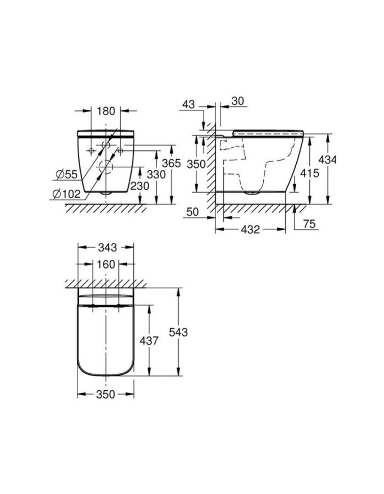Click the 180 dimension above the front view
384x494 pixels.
tap(106, 111)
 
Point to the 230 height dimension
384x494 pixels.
tap(140, 186)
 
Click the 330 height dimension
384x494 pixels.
tap(156, 174)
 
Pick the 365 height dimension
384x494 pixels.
tap(172, 164)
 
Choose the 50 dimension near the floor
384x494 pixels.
tap(193, 211)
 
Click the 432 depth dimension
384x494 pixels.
tap(250, 229)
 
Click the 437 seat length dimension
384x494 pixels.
tap(149, 341)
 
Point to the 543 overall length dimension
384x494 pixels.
tap(179, 332)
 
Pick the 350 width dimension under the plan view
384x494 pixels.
tap(106, 394)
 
